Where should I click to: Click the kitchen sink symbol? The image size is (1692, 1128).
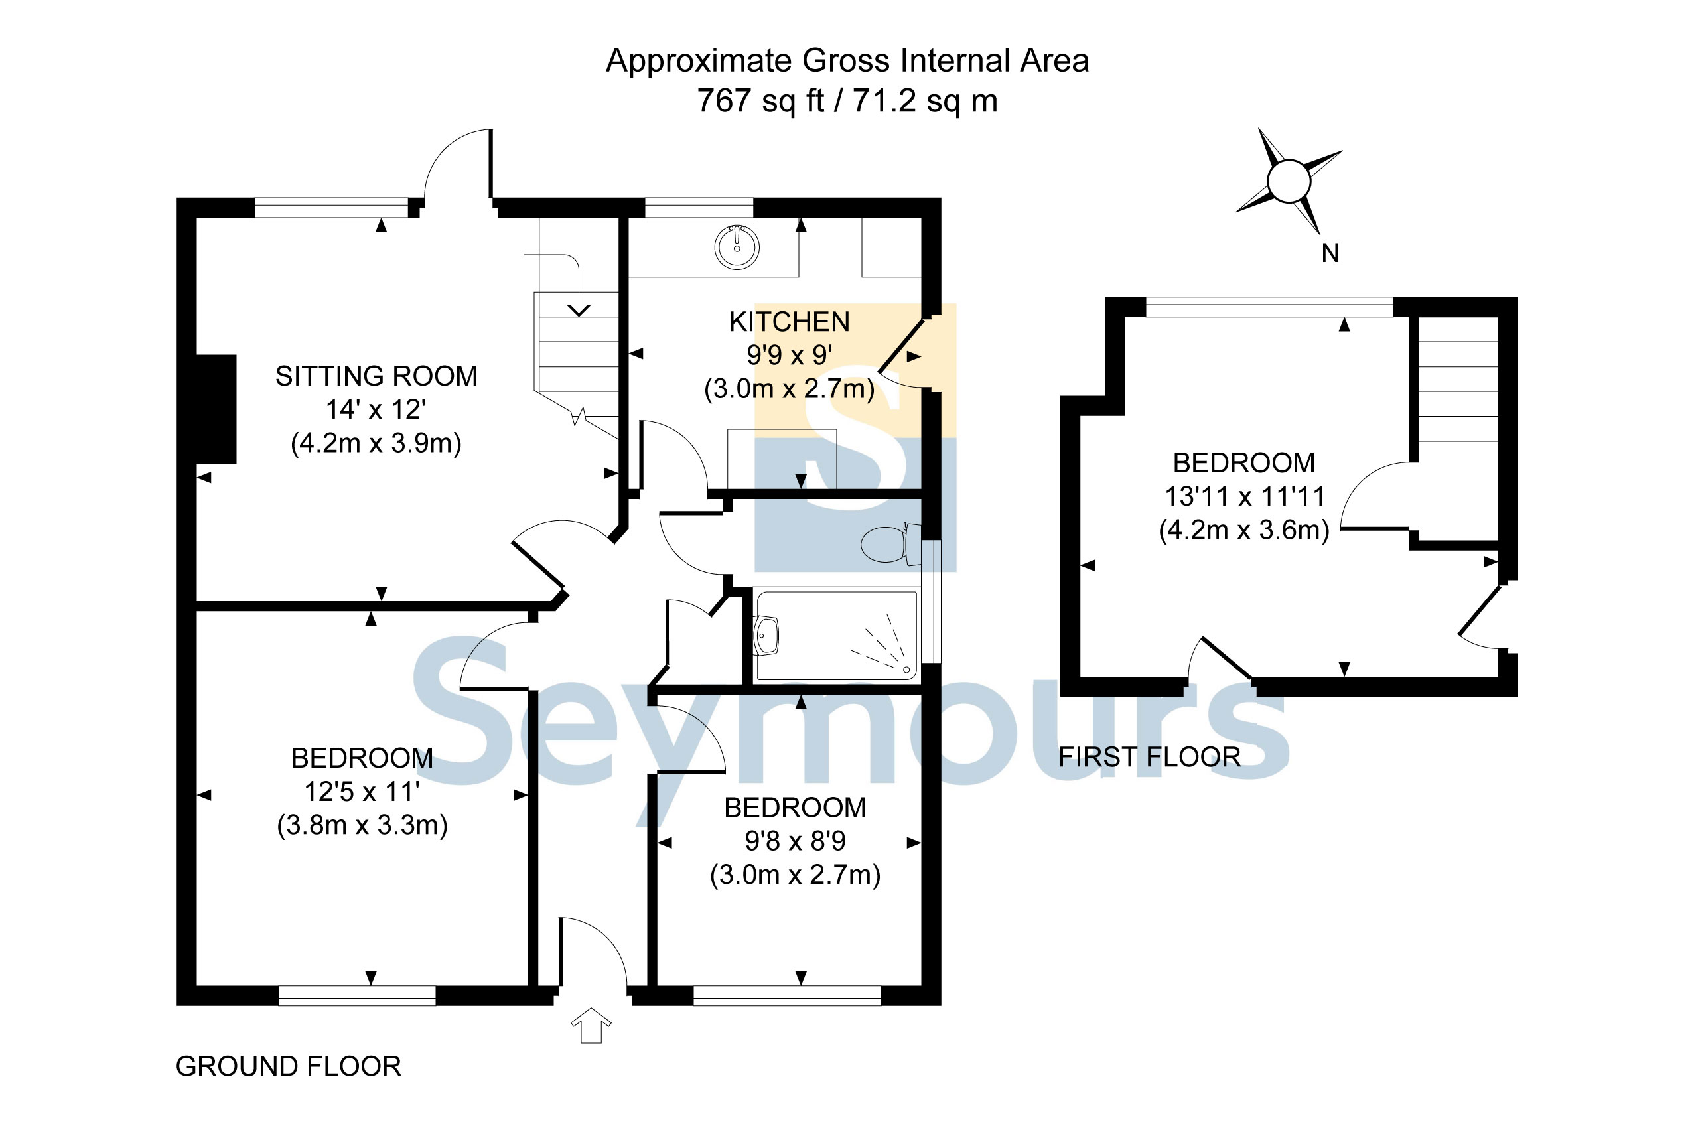point(736,247)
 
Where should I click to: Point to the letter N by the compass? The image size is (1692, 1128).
point(1330,253)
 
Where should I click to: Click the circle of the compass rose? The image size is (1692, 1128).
point(1289,180)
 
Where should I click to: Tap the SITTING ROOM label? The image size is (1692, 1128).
point(376,376)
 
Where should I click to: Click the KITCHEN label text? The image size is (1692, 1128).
point(789,322)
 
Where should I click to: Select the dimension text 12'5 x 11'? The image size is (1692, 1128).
point(362,792)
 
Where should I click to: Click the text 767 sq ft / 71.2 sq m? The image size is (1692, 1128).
point(847,101)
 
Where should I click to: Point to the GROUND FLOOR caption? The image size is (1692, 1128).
point(289,1066)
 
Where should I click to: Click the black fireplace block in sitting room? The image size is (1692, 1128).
point(216,409)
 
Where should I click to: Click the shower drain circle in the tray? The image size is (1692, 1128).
point(906,670)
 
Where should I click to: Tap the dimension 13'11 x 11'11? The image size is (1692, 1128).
point(1244,496)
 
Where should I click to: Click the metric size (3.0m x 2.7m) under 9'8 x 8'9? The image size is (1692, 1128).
point(795,874)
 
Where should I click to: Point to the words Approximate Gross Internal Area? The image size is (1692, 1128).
point(847,60)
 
